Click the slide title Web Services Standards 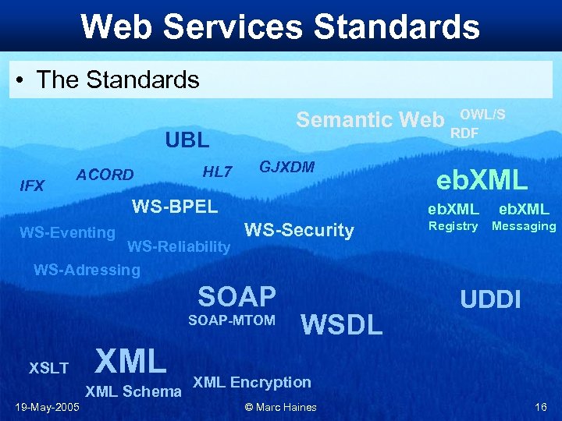pyautogui.click(x=280, y=26)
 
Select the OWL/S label pyautogui.click(x=482, y=114)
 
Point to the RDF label pyautogui.click(x=464, y=133)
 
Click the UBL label pyautogui.click(x=187, y=140)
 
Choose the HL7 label pyautogui.click(x=217, y=172)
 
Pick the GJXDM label pyautogui.click(x=286, y=167)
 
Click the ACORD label pyautogui.click(x=105, y=175)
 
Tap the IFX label pyautogui.click(x=32, y=186)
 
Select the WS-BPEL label pyautogui.click(x=175, y=207)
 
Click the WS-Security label pyautogui.click(x=299, y=230)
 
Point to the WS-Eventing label pyautogui.click(x=67, y=232)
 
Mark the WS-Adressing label pyautogui.click(x=87, y=271)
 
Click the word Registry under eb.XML pyautogui.click(x=453, y=226)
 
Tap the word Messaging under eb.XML pyautogui.click(x=523, y=226)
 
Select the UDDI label pyautogui.click(x=490, y=299)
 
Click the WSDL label pyautogui.click(x=342, y=324)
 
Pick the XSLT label pyautogui.click(x=48, y=368)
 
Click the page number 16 pyautogui.click(x=540, y=407)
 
